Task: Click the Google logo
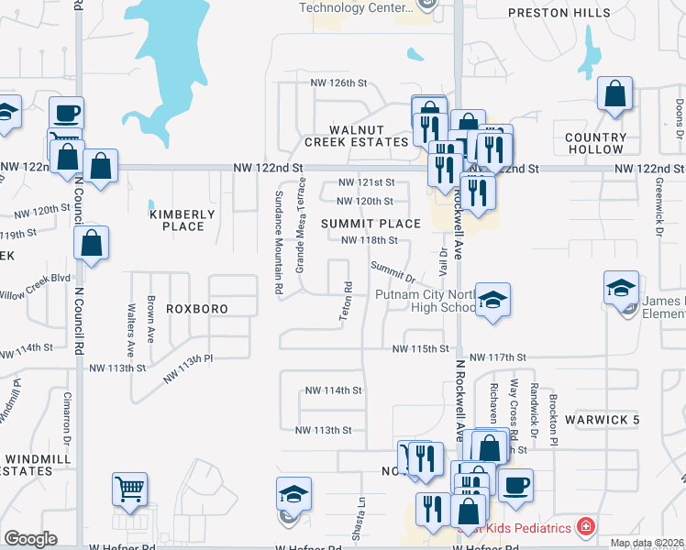point(30,540)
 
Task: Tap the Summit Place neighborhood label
point(371,224)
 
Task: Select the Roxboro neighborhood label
point(196,309)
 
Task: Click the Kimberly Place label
point(182,220)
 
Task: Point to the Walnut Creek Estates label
point(356,136)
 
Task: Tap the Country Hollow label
point(595,143)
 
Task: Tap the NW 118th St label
point(369,241)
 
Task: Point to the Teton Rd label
point(348,300)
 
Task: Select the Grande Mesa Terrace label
point(299,225)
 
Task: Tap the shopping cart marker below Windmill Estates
point(129,489)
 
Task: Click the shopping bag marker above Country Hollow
point(614,93)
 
